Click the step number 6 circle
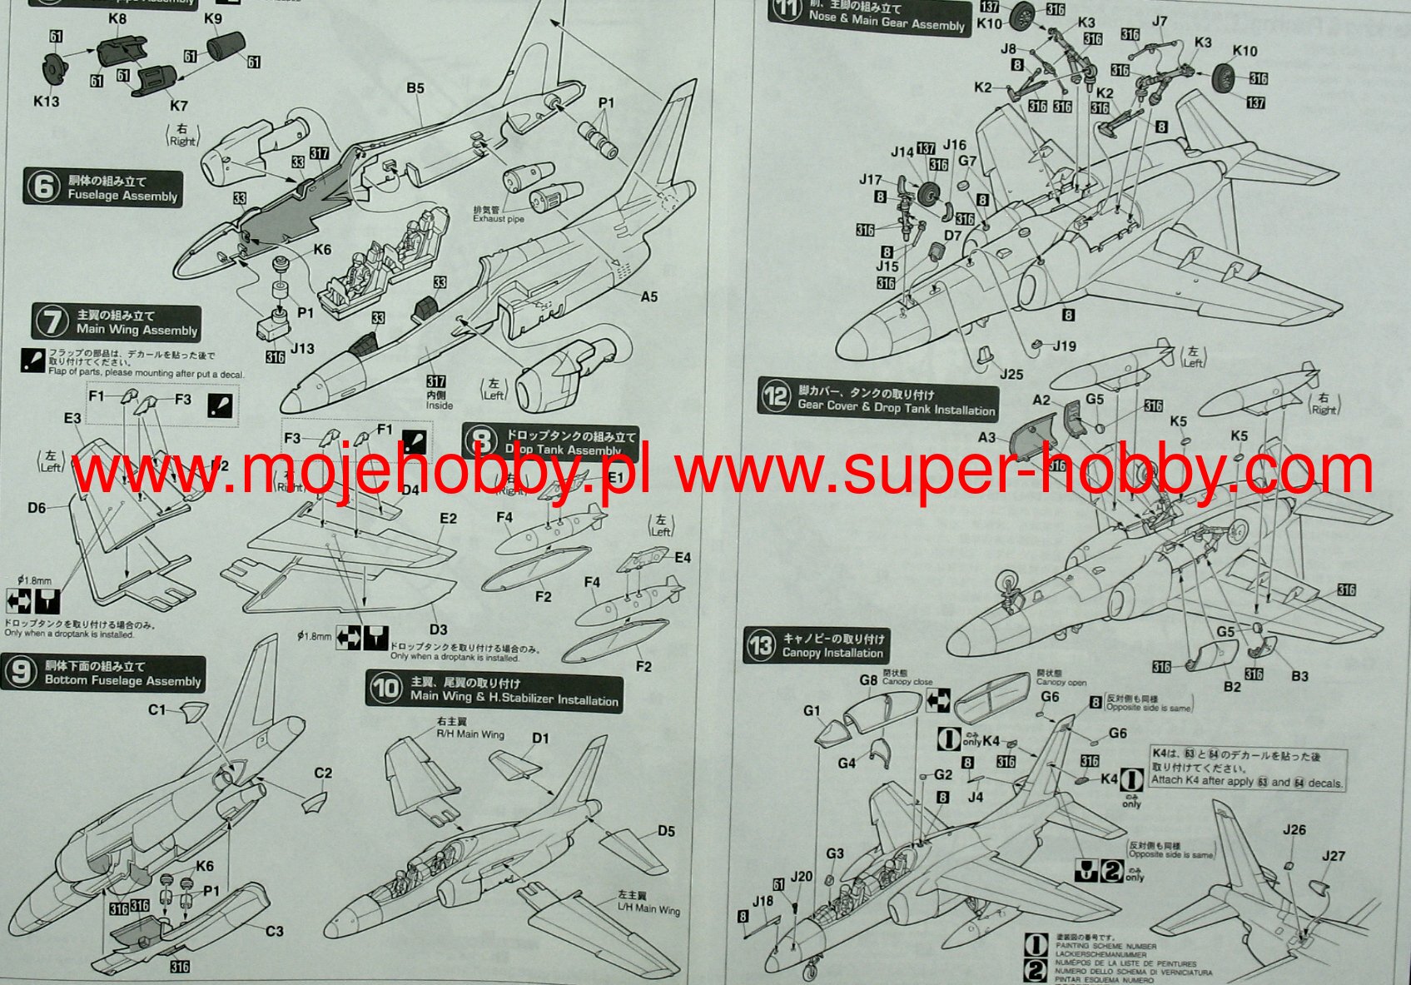[x=42, y=187]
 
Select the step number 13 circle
[x=760, y=645]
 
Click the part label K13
[x=47, y=101]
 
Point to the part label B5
[x=415, y=88]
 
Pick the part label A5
[x=649, y=296]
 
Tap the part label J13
[x=302, y=348]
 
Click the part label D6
[x=37, y=507]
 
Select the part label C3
[x=275, y=931]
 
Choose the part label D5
[x=666, y=831]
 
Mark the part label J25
[x=1011, y=375]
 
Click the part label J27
[x=1334, y=856]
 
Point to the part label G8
[x=868, y=679]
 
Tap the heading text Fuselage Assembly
[x=122, y=196]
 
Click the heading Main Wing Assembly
[x=137, y=330]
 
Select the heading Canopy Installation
[x=832, y=653]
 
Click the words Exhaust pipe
[x=499, y=218]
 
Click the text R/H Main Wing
[x=470, y=734]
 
